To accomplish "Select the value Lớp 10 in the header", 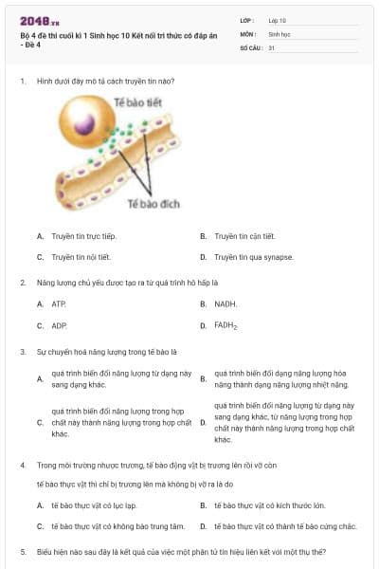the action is tap(278, 19).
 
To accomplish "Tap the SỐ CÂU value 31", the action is tap(272, 47).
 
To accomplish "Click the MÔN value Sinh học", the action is tap(279, 33).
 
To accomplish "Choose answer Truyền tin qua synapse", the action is tap(253, 257).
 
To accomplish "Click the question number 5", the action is tap(22, 551).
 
